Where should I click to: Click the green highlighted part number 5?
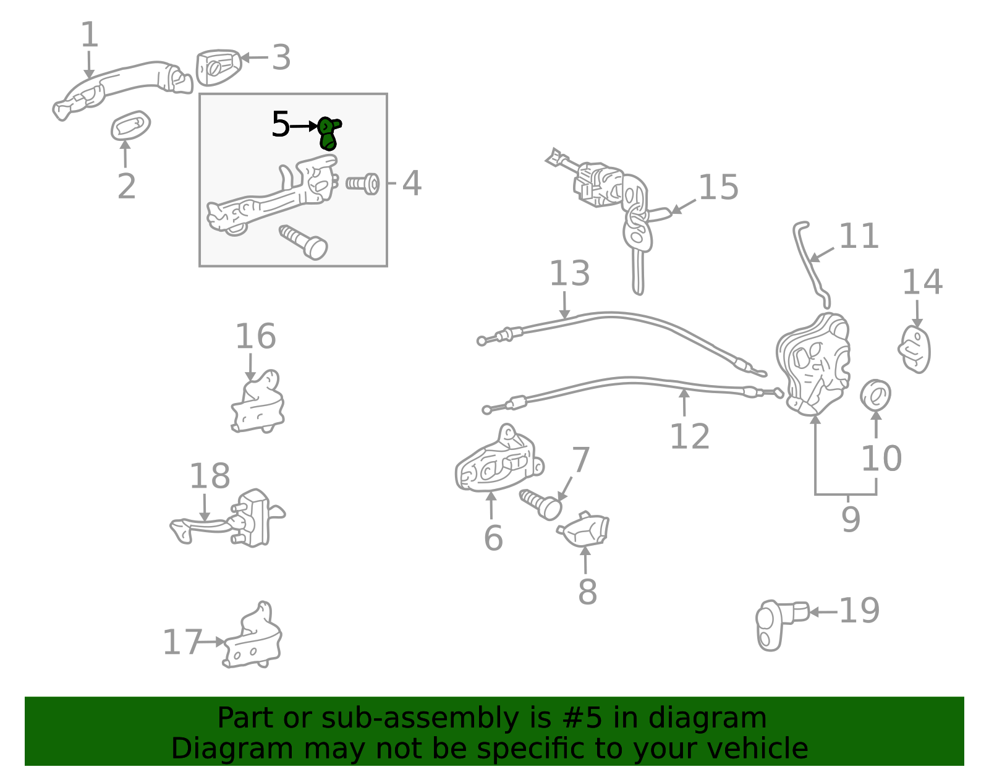click(x=328, y=133)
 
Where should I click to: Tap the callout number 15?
click(x=718, y=187)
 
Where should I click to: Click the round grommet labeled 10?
click(x=875, y=395)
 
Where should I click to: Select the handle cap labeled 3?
click(x=217, y=66)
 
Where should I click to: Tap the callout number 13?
click(x=569, y=273)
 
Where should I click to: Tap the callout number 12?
click(x=689, y=437)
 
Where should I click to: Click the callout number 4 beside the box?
click(x=412, y=184)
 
